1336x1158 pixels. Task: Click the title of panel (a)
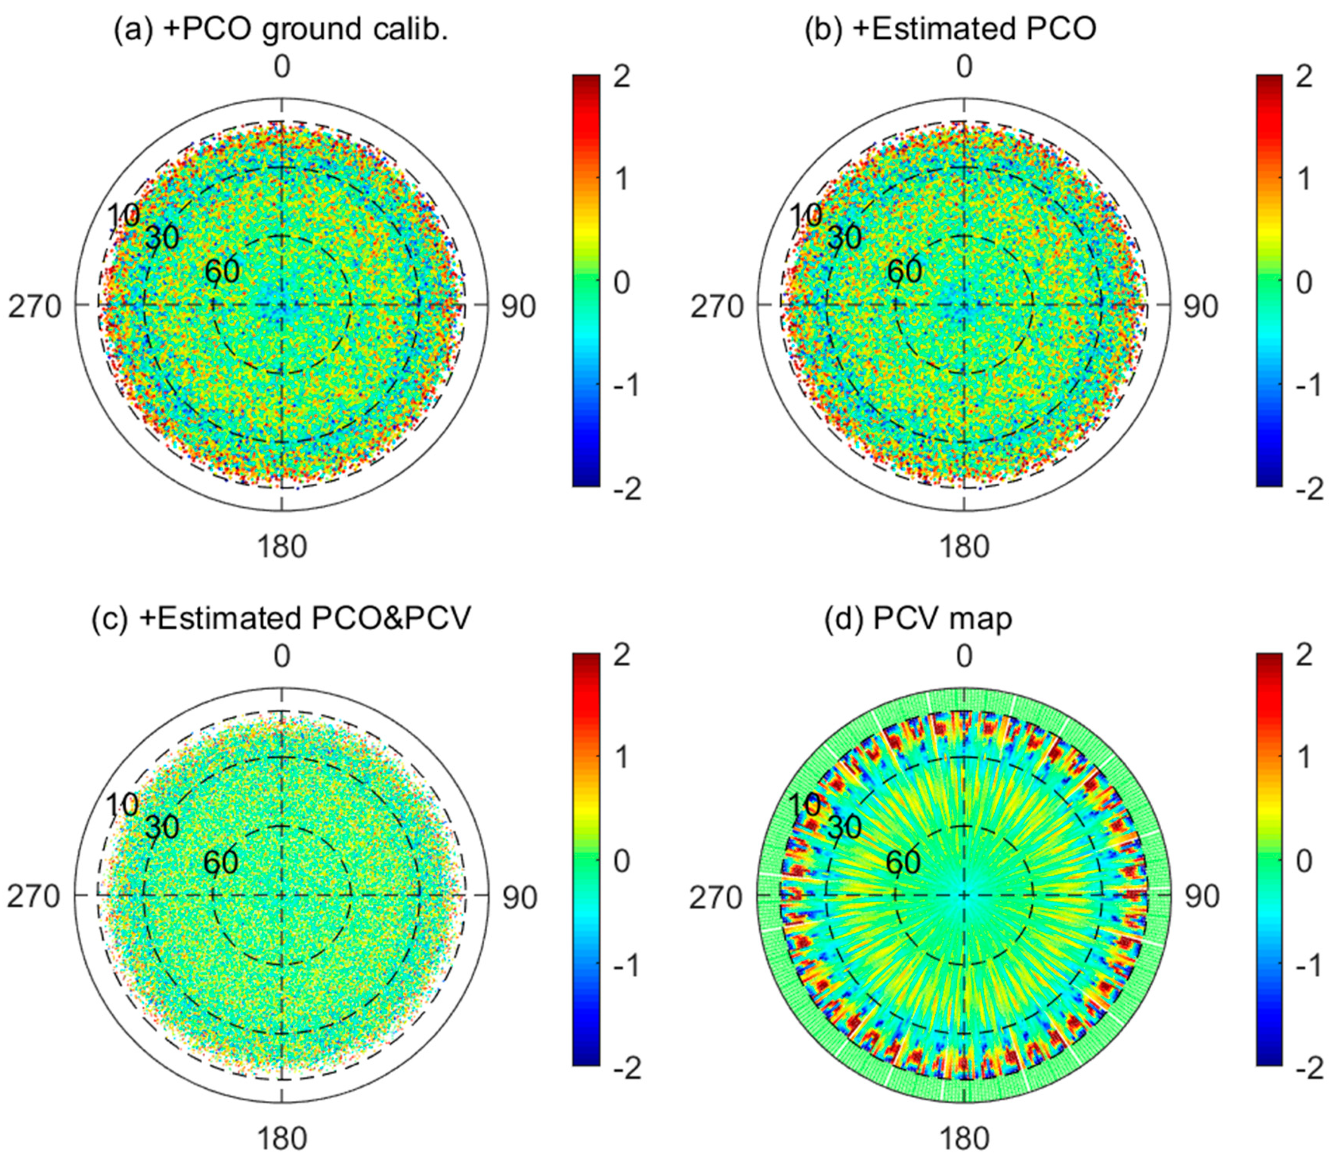(281, 31)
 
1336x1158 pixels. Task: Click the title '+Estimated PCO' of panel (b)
(950, 31)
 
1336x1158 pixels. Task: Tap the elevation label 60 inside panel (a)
(223, 272)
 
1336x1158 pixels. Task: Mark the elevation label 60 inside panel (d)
(903, 862)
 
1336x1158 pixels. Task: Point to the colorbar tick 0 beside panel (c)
(622, 862)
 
